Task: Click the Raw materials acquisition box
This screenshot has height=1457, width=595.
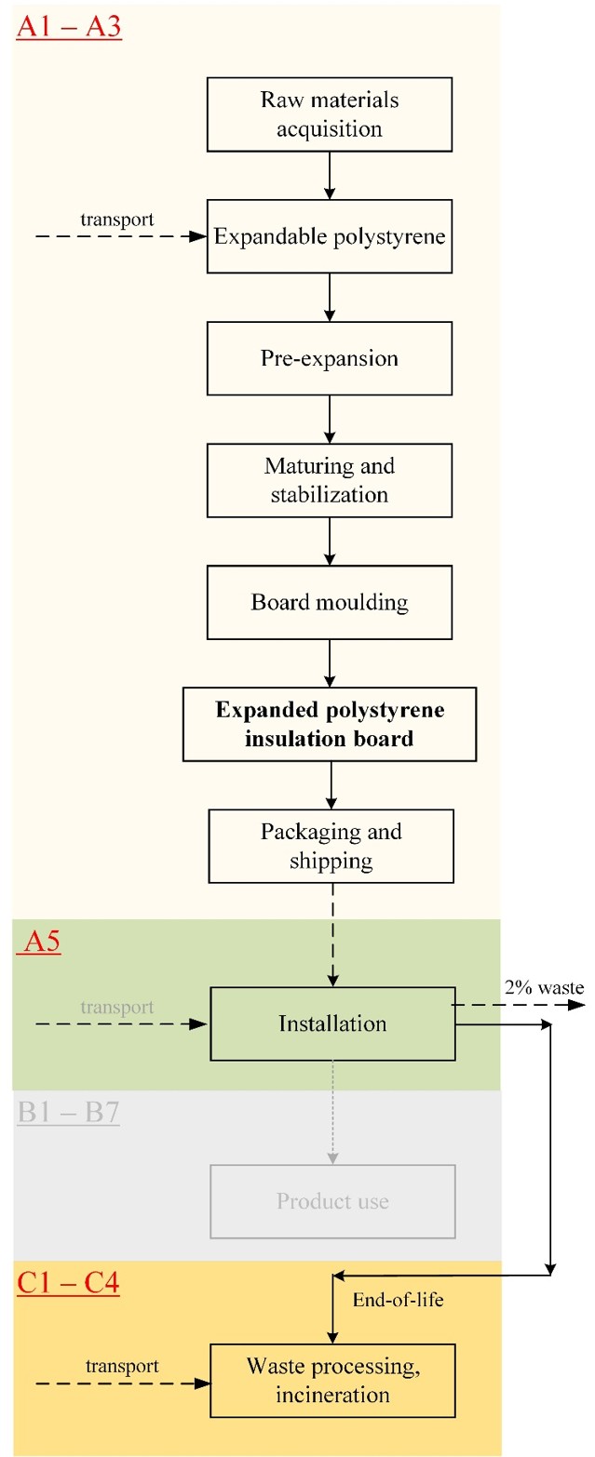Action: [330, 114]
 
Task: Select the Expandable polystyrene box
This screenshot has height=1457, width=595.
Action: [330, 236]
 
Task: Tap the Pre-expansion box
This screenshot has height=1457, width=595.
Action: [330, 358]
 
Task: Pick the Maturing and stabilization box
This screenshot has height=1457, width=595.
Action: [330, 481]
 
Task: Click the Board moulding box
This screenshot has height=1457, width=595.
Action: [330, 602]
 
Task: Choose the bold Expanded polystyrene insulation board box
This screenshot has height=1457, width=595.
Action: [330, 725]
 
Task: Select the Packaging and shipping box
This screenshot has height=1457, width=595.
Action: [331, 847]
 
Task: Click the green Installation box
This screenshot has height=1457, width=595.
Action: [332, 1023]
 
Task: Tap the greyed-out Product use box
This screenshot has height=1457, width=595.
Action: [332, 1201]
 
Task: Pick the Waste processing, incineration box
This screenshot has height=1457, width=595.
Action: [332, 1381]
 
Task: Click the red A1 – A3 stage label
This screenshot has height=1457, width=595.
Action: [69, 27]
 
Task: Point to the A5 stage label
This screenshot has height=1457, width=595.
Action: [41, 942]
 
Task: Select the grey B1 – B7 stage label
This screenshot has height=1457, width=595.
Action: [68, 1112]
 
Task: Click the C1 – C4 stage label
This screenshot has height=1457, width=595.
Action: [68, 1283]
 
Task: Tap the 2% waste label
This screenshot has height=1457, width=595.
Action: [544, 987]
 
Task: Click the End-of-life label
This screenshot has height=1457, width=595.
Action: [399, 1300]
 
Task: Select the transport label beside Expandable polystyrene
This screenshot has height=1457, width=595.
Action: [117, 220]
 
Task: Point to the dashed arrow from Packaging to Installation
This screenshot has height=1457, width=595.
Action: [332, 935]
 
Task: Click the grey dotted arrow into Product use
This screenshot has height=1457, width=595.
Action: [332, 1112]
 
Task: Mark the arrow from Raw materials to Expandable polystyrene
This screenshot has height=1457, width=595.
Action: [330, 176]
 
